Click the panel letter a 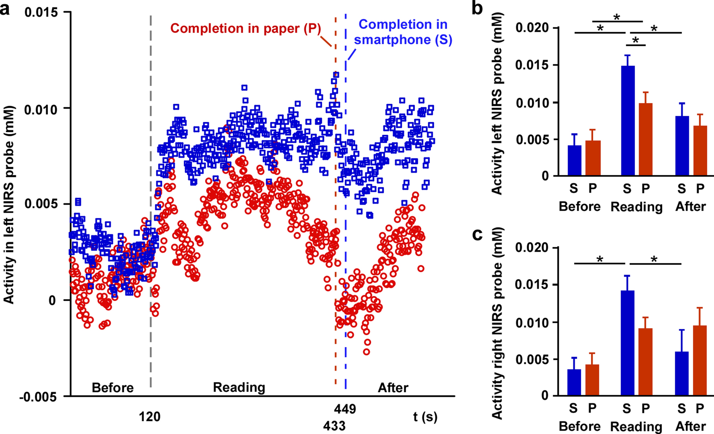click(x=5, y=9)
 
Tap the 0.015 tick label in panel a click(x=41, y=12)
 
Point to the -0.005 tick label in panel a click(x=38, y=397)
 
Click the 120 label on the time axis click(x=149, y=416)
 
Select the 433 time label click(x=334, y=425)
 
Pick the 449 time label click(x=345, y=409)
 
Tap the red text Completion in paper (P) click(x=246, y=29)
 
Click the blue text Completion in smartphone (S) click(x=403, y=32)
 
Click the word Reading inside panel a click(x=239, y=387)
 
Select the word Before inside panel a click(x=112, y=388)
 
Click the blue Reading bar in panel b click(x=628, y=121)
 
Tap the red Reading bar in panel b click(x=646, y=140)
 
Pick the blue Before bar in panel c click(x=574, y=383)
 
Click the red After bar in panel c click(x=700, y=361)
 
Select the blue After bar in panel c click(x=682, y=374)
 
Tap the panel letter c click(x=477, y=234)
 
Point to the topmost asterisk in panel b click(x=617, y=17)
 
